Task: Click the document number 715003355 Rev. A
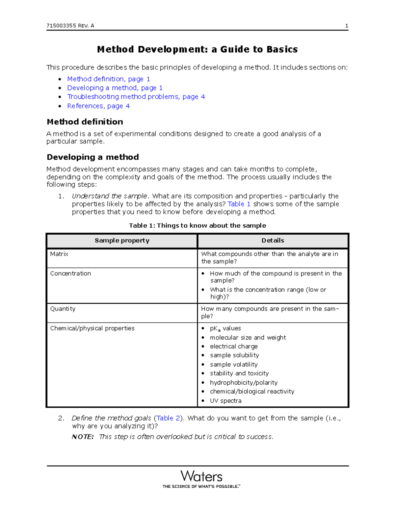pos(70,26)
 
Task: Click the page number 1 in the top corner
pos(346,26)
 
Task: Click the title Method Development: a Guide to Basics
pos(197,49)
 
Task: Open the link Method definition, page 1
pos(109,79)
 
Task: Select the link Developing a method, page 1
pos(115,88)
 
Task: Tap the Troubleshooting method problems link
pos(136,97)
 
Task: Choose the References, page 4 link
pos(98,106)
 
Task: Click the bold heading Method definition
pos(85,122)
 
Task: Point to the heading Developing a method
pos(93,157)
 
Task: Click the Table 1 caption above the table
pos(197,225)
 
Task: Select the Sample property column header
pos(122,241)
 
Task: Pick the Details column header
pos(273,241)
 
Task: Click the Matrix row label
pos(59,254)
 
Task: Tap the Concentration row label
pos(70,273)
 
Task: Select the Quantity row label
pos(63,309)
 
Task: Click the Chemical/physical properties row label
pos(92,328)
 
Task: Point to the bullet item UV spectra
pos(225,401)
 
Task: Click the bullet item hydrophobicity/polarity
pos(244,383)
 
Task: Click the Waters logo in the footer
pos(201,477)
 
